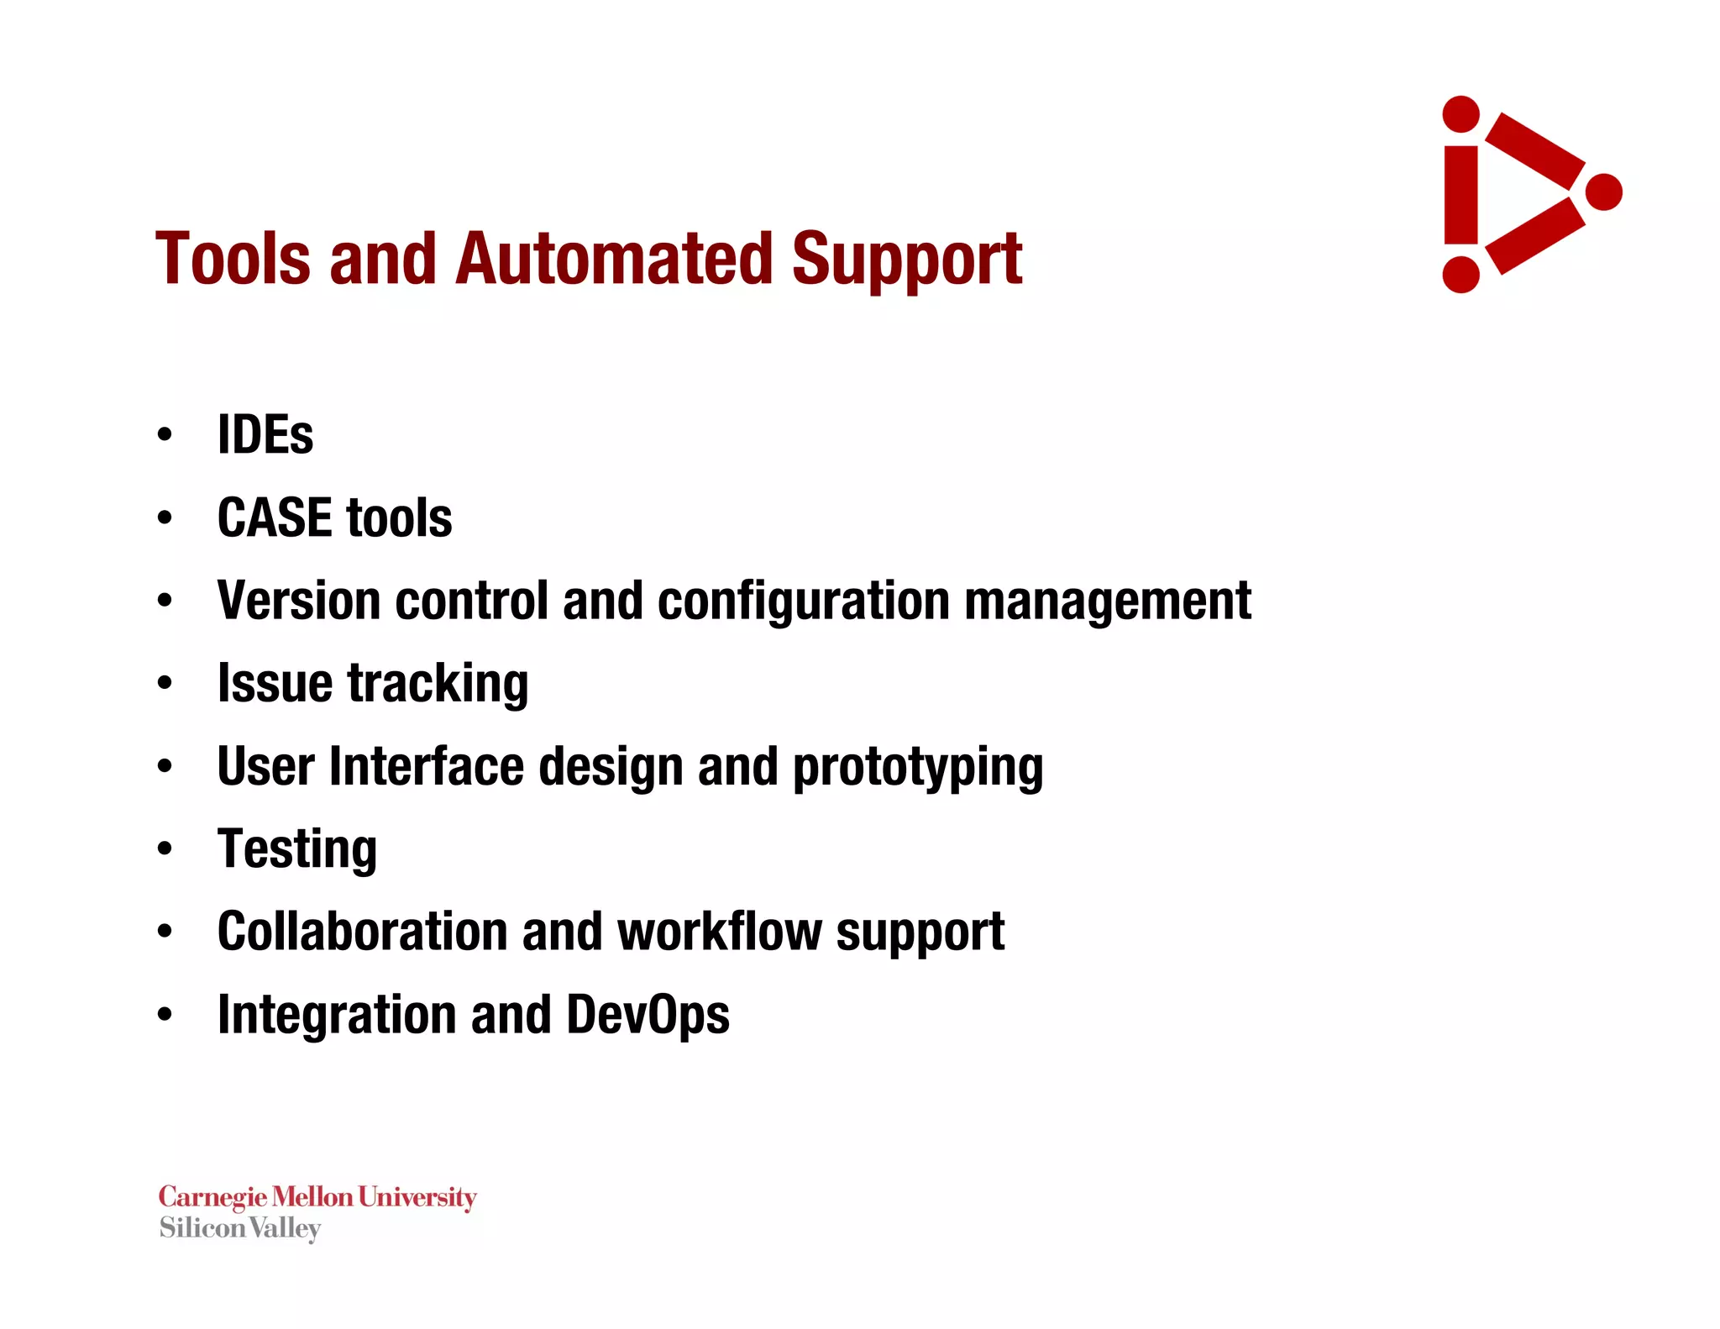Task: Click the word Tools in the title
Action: (233, 260)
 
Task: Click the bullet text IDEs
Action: (265, 435)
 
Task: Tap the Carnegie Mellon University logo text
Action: (317, 1196)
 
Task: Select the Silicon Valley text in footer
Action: (240, 1228)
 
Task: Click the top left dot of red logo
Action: (1460, 114)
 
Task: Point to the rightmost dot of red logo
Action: (1603, 192)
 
